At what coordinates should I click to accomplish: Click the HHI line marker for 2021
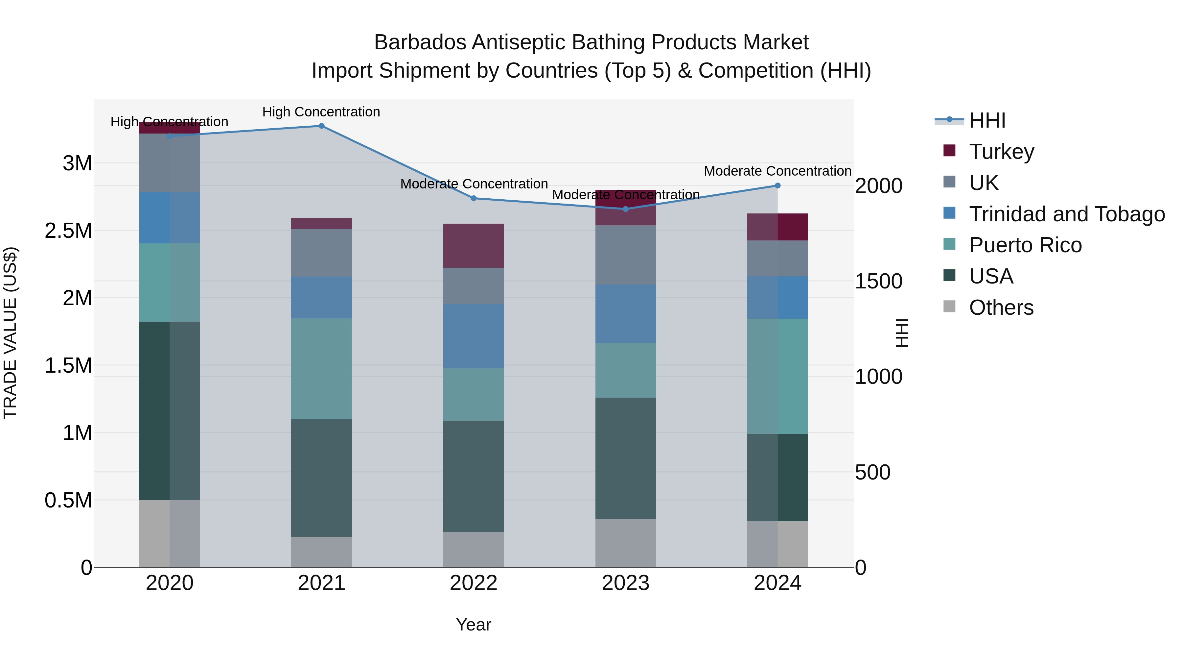[321, 126]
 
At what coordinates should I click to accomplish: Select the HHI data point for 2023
[625, 209]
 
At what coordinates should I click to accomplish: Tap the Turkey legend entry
[1001, 152]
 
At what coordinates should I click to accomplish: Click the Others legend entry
[1001, 308]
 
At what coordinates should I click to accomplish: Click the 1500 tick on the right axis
[878, 281]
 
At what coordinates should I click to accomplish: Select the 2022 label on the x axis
[474, 583]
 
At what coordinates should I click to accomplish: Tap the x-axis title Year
[474, 625]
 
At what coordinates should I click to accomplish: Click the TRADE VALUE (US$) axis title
[11, 333]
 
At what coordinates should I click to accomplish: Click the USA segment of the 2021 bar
[321, 478]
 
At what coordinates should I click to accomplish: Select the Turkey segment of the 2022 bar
[474, 246]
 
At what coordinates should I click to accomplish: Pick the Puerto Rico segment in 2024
[777, 376]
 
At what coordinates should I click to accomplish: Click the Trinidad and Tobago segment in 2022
[474, 336]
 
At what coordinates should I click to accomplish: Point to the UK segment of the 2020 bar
[170, 163]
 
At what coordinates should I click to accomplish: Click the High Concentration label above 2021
[321, 112]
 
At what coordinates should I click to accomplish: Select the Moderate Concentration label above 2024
[777, 171]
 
